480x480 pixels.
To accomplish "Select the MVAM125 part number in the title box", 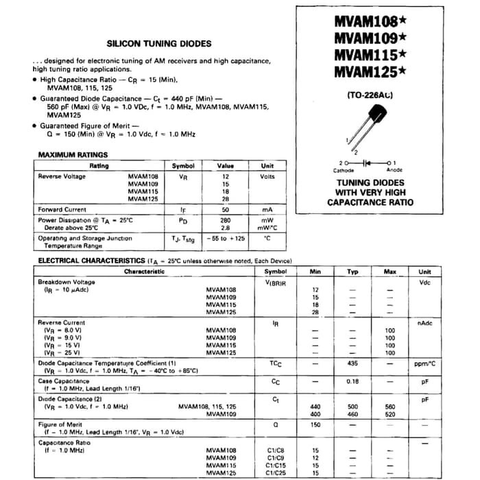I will coord(366,71).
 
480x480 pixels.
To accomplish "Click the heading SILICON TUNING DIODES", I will coord(159,43).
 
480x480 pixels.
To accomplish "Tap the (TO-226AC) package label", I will coord(370,95).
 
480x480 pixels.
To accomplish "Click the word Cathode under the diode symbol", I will coord(344,170).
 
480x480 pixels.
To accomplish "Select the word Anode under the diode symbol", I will coord(394,170).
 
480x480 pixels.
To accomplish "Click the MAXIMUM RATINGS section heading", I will coord(72,155).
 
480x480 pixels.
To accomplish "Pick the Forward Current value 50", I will coord(226,209).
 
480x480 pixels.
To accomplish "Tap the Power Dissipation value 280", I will coord(226,220).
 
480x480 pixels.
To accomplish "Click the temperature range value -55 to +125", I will coord(226,239).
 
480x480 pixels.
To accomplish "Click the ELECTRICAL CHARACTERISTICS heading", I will coord(91,261).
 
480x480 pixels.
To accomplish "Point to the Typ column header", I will coord(352,272).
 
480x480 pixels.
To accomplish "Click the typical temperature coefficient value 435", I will coord(352,363).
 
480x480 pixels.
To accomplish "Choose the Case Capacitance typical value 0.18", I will coord(352,381).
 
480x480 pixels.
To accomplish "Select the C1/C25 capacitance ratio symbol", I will coord(275,473).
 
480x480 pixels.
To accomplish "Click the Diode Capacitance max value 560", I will coord(389,407).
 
